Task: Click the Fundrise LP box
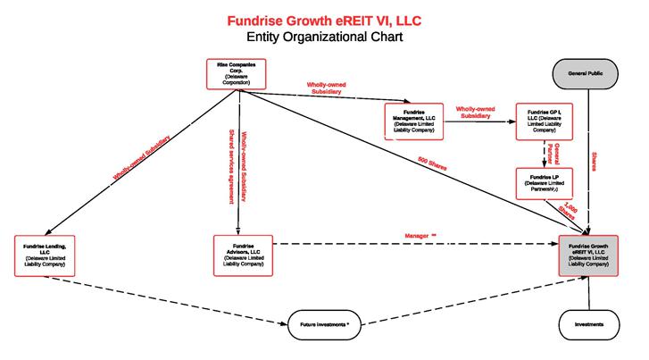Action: click(x=544, y=183)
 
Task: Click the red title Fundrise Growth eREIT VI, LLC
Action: click(x=325, y=20)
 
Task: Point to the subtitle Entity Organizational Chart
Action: click(x=325, y=38)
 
